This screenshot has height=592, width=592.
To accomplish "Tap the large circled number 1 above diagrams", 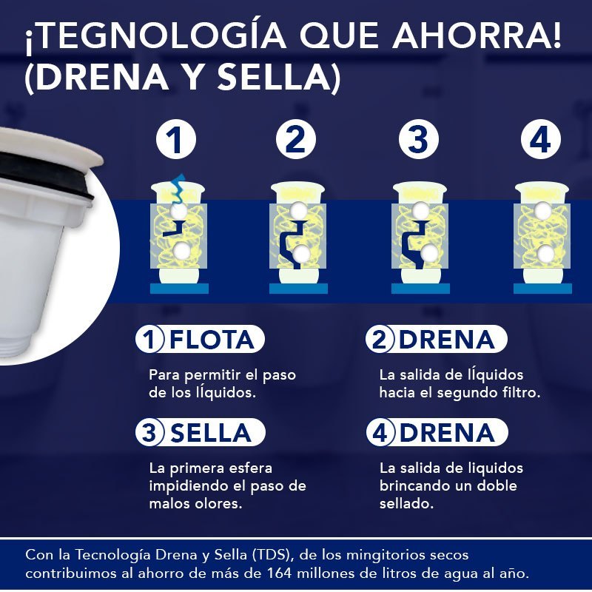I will (176, 141).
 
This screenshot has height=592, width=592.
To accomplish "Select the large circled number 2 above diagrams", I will (296, 141).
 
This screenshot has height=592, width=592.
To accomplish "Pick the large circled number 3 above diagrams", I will (418, 141).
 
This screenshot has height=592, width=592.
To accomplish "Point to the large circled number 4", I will (540, 141).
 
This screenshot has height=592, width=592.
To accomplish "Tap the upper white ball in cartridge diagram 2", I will (299, 211).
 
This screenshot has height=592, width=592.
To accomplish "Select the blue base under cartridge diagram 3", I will (420, 289).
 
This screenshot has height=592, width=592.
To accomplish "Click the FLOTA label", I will (212, 340).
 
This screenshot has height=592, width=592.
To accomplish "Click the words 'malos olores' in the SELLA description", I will (193, 504).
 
